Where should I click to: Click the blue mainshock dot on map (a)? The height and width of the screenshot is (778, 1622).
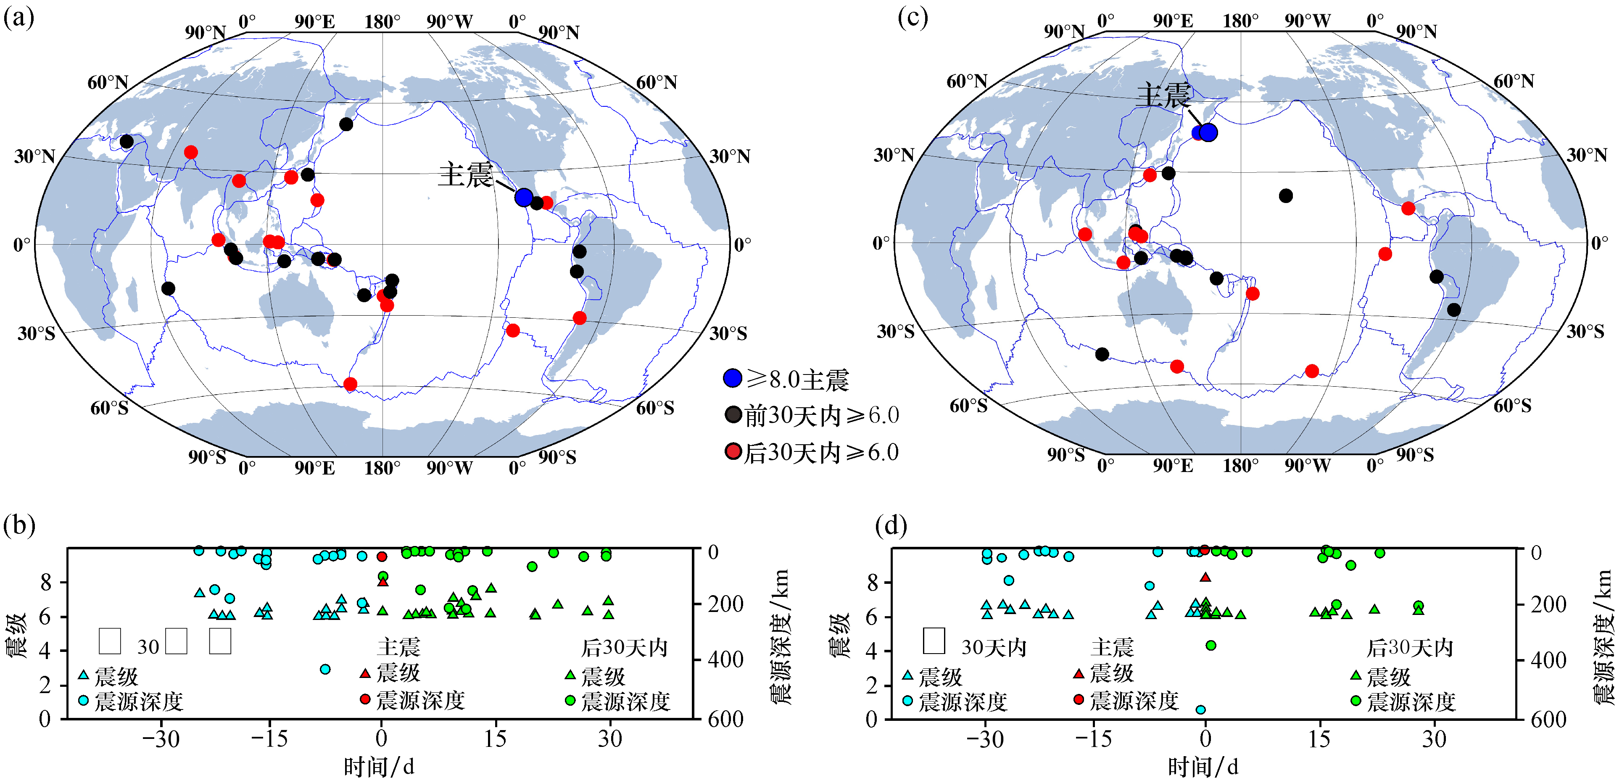point(523,197)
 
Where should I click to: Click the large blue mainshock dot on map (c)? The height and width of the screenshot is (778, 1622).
point(1208,133)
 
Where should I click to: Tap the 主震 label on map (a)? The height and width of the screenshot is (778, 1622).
point(465,174)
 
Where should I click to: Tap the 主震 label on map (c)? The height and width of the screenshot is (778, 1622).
point(1163,96)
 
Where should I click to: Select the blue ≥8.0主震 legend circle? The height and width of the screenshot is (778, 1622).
point(732,378)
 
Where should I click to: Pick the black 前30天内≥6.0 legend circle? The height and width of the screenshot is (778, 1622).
point(732,415)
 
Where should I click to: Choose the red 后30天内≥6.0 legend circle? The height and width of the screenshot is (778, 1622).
point(732,451)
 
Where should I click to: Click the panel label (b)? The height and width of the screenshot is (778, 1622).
point(19,524)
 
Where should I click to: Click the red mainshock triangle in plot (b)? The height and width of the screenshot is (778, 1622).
point(382,582)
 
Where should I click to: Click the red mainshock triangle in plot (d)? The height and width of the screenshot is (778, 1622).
point(1205,577)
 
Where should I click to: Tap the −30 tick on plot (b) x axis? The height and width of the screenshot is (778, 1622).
point(161,738)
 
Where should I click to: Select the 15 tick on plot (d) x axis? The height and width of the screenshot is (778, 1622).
point(1319,738)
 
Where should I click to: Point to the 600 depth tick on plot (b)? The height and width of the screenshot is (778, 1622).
point(725,719)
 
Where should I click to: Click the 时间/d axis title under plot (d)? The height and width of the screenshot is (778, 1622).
point(1203,767)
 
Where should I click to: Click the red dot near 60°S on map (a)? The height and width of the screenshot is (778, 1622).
point(350,384)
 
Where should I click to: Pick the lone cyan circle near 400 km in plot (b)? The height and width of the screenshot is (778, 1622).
point(325,669)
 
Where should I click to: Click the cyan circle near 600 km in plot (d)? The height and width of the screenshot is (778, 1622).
point(1200,709)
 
